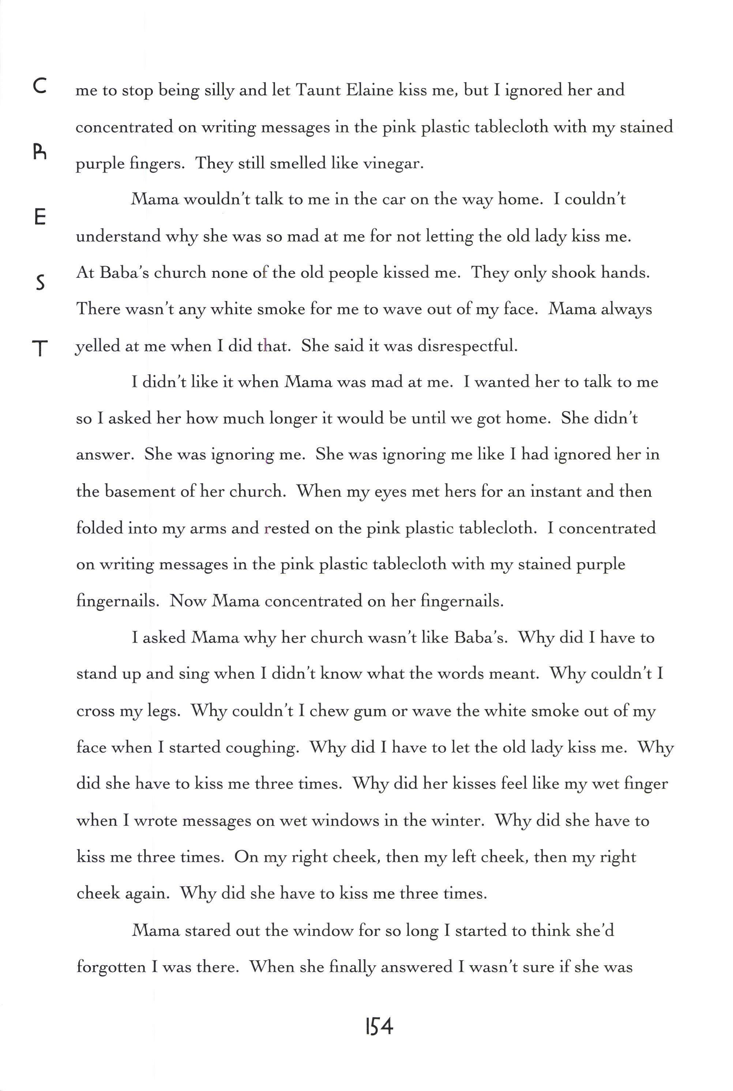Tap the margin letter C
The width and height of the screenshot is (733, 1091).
pos(40,86)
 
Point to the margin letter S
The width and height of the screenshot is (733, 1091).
pos(41,283)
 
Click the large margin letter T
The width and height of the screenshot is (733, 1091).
pos(40,348)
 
